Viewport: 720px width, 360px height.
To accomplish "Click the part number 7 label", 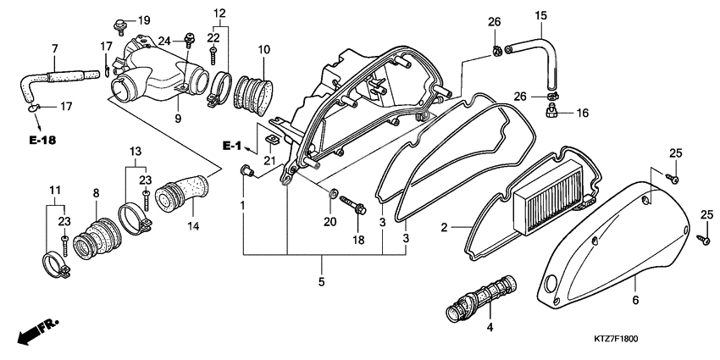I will (x=55, y=47).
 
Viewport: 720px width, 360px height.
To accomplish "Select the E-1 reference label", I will (x=233, y=146).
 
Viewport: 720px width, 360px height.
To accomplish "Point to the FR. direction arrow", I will (x=32, y=329).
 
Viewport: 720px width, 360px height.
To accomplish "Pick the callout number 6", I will (x=634, y=299).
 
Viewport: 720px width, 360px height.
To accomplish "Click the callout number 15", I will (x=540, y=15).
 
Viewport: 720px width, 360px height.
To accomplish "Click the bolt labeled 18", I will (x=352, y=206).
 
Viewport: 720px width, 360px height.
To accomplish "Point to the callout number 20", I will (x=330, y=222).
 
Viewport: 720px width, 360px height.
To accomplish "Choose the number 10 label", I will (x=263, y=49).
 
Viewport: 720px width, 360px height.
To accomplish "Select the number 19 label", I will (x=143, y=19).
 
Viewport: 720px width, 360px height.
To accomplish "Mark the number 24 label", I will (x=165, y=39).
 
